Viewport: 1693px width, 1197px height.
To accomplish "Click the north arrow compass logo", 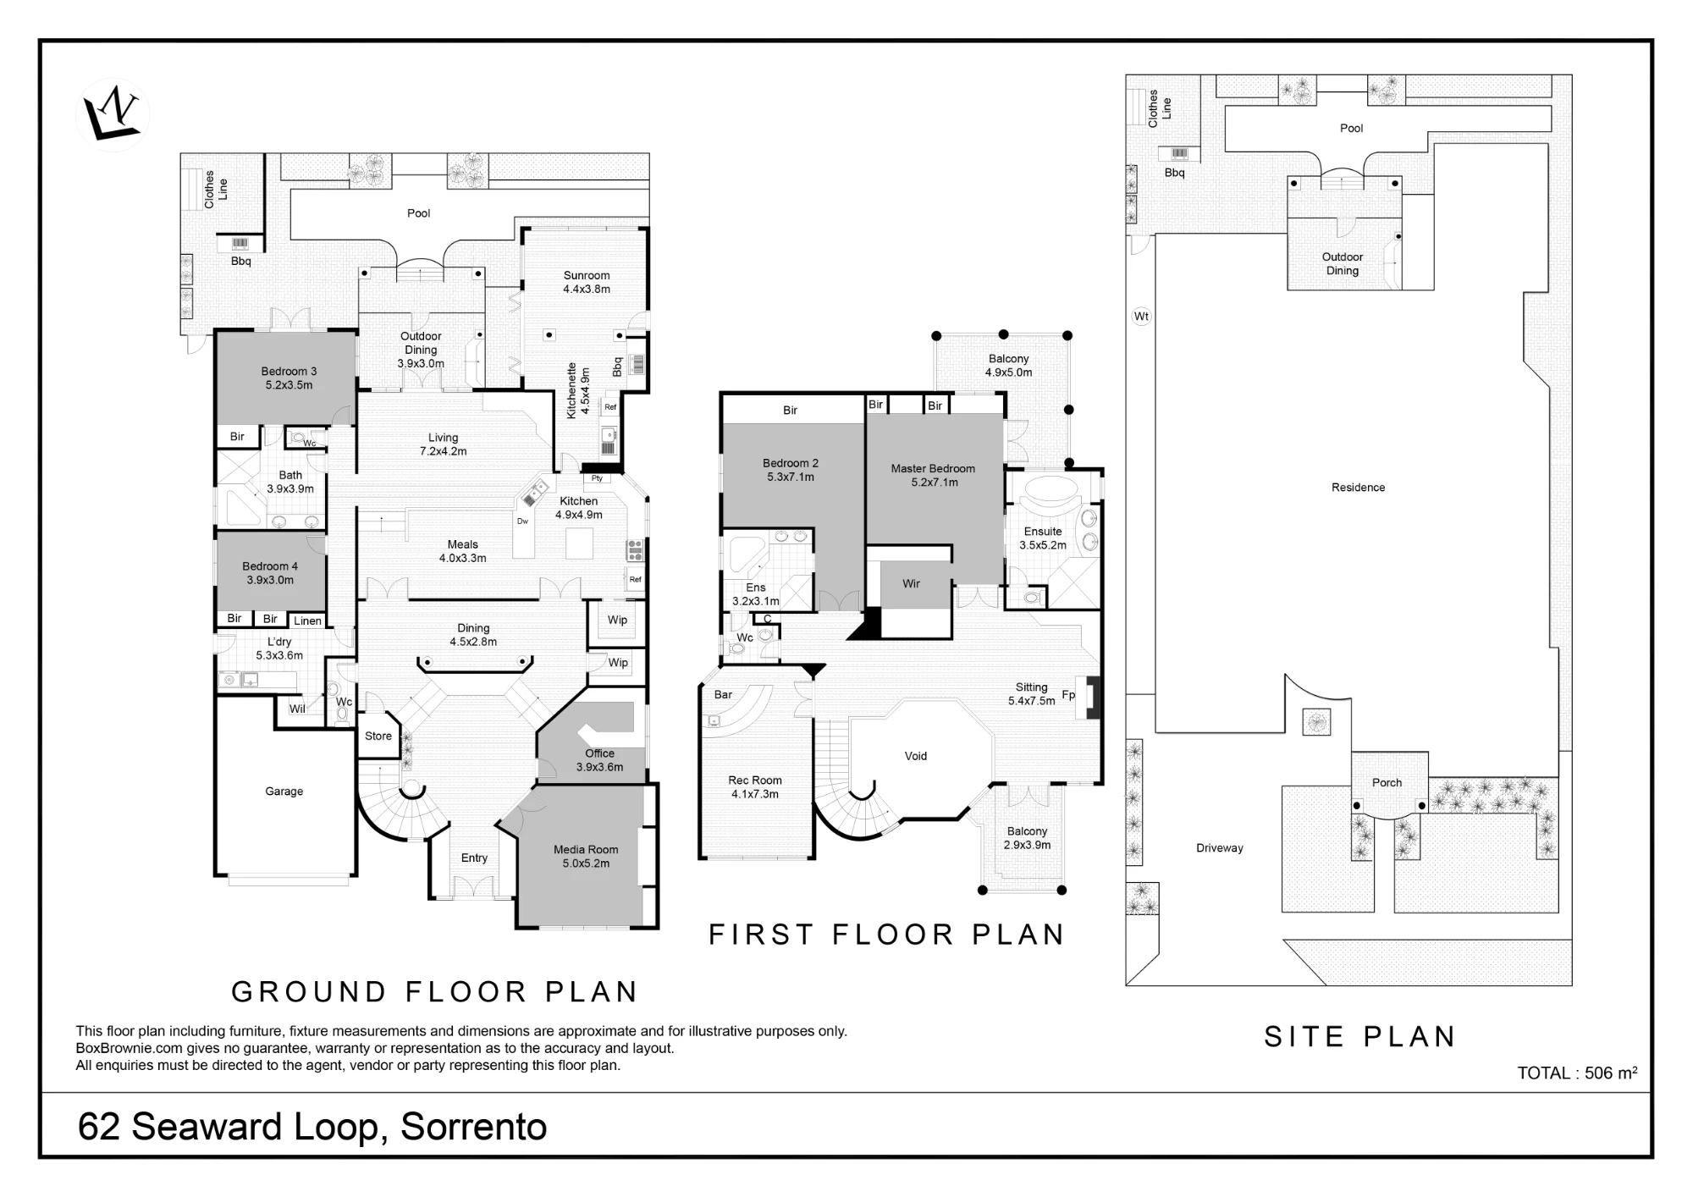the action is (113, 114).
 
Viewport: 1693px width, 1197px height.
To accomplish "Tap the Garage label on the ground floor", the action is (284, 792).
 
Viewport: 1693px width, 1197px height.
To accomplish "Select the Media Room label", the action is (586, 850).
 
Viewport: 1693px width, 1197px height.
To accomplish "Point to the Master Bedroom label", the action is (933, 469).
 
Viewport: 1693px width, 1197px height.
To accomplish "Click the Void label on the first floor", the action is (916, 756).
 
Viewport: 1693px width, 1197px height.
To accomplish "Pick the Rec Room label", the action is (755, 781).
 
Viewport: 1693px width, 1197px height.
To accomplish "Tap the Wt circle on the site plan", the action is (1142, 317).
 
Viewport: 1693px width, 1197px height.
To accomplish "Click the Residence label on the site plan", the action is (1358, 488).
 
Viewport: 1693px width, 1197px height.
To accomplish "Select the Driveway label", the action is (1220, 848).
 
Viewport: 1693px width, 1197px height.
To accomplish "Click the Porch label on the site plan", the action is (1387, 783).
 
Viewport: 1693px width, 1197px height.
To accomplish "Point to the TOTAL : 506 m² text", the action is (1577, 1073).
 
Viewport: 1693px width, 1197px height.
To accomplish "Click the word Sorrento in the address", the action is (474, 1127).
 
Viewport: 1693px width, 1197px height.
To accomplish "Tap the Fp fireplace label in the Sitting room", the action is (1068, 695).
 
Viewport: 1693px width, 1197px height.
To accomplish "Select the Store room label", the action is (378, 736).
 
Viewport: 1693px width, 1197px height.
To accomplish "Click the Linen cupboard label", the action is (307, 621).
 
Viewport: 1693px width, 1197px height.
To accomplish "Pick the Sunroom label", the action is (587, 276).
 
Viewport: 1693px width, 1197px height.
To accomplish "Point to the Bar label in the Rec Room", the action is (723, 695).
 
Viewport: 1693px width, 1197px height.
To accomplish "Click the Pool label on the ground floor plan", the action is (419, 213).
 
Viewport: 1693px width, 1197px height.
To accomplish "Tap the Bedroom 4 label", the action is (270, 566).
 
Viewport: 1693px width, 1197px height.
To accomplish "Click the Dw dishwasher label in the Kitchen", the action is (523, 521).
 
